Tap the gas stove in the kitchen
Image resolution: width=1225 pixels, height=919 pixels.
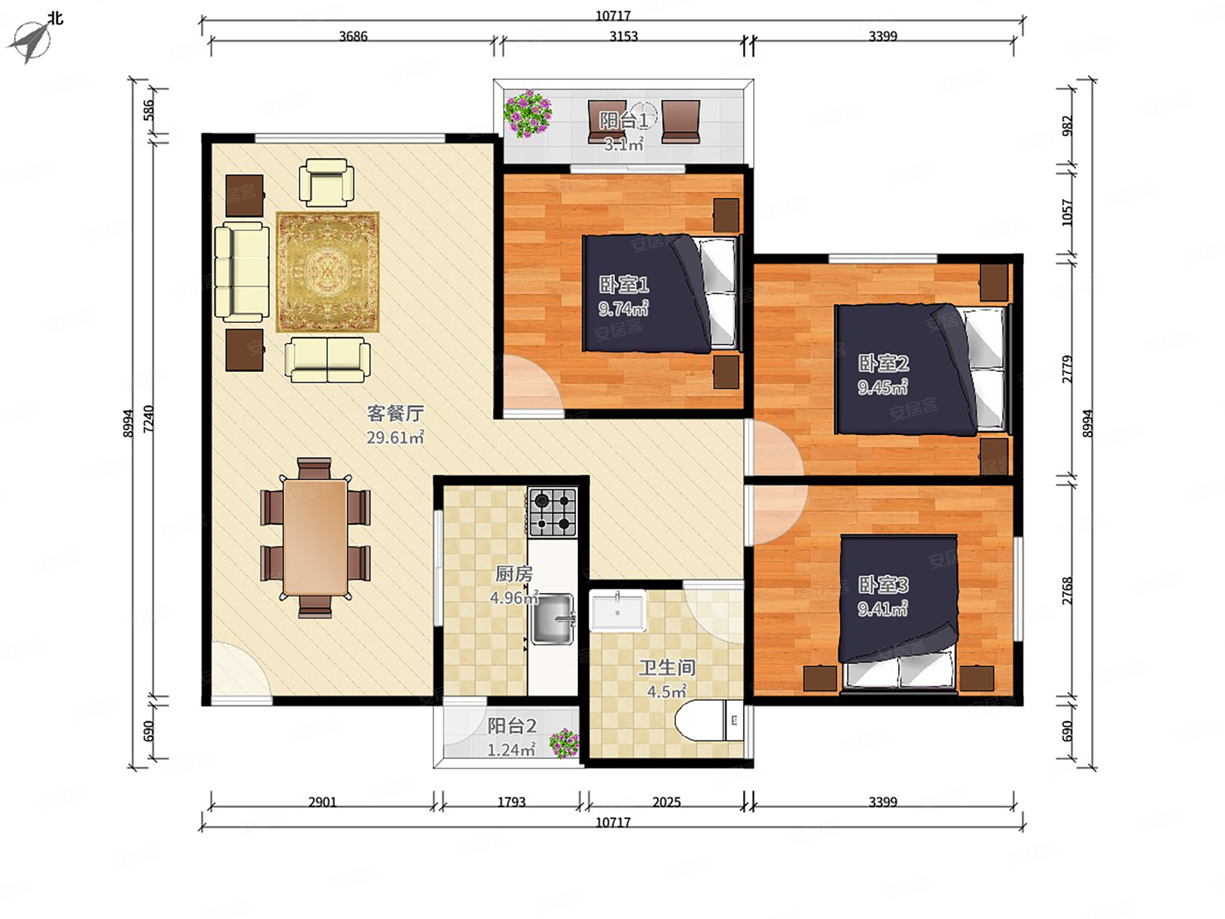(x=552, y=512)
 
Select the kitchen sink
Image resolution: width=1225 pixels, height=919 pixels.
(x=552, y=619)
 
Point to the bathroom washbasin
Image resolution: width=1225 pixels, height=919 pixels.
(x=617, y=611)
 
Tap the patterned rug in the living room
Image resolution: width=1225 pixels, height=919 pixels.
(x=328, y=272)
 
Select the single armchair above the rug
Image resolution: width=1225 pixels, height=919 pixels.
(x=327, y=183)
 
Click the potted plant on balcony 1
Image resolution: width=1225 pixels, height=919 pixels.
(x=527, y=114)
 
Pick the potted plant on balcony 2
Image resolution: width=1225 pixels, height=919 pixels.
(x=564, y=743)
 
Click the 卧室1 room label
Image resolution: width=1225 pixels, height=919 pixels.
(x=624, y=285)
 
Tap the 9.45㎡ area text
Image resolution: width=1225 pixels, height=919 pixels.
(x=883, y=387)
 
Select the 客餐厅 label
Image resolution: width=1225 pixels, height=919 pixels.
(x=396, y=413)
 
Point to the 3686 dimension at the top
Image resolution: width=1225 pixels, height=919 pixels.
(x=353, y=36)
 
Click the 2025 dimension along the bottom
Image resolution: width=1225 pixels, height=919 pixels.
(x=666, y=801)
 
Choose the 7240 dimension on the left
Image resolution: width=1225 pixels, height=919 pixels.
(x=148, y=419)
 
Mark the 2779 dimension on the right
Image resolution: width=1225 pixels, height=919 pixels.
(x=1067, y=369)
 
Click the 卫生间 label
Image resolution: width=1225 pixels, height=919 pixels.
(x=667, y=667)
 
